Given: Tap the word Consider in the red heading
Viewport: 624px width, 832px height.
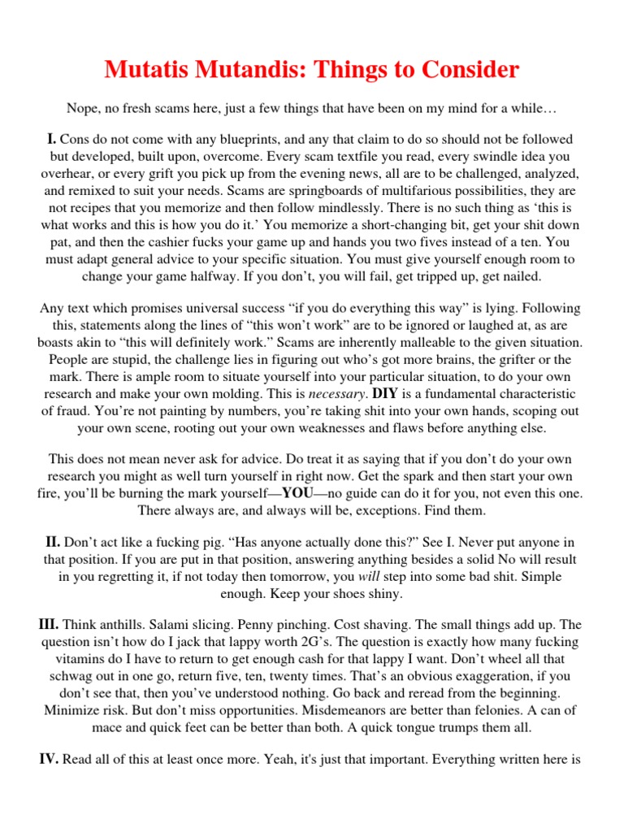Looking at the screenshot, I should (x=464, y=71).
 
